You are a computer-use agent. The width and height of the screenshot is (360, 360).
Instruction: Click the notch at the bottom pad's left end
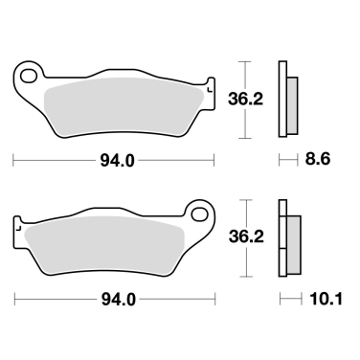17,226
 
